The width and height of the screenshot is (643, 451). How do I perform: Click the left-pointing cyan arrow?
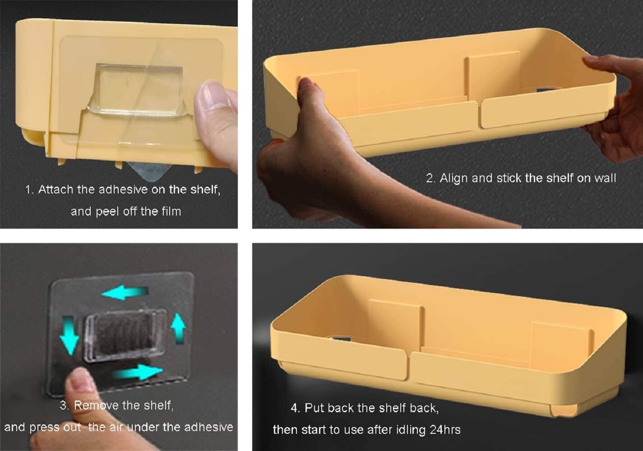(x=125, y=292)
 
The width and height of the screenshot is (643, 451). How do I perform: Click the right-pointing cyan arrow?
(x=138, y=372)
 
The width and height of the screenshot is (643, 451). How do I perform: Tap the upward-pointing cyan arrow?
(x=178, y=328)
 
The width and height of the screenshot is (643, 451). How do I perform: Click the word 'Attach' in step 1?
(x=56, y=189)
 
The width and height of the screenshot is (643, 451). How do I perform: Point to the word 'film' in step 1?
(x=171, y=212)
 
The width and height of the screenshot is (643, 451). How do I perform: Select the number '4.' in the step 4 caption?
(x=296, y=408)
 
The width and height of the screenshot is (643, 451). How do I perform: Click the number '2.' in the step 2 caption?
(x=431, y=179)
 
